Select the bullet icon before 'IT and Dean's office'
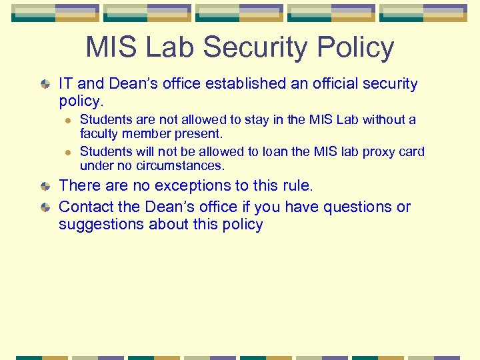pos(45,85)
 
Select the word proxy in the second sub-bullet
pos(372,151)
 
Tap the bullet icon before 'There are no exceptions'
pos(45,187)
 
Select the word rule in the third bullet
pos(297,185)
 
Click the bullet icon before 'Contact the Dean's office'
pos(45,208)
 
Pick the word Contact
pos(86,207)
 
